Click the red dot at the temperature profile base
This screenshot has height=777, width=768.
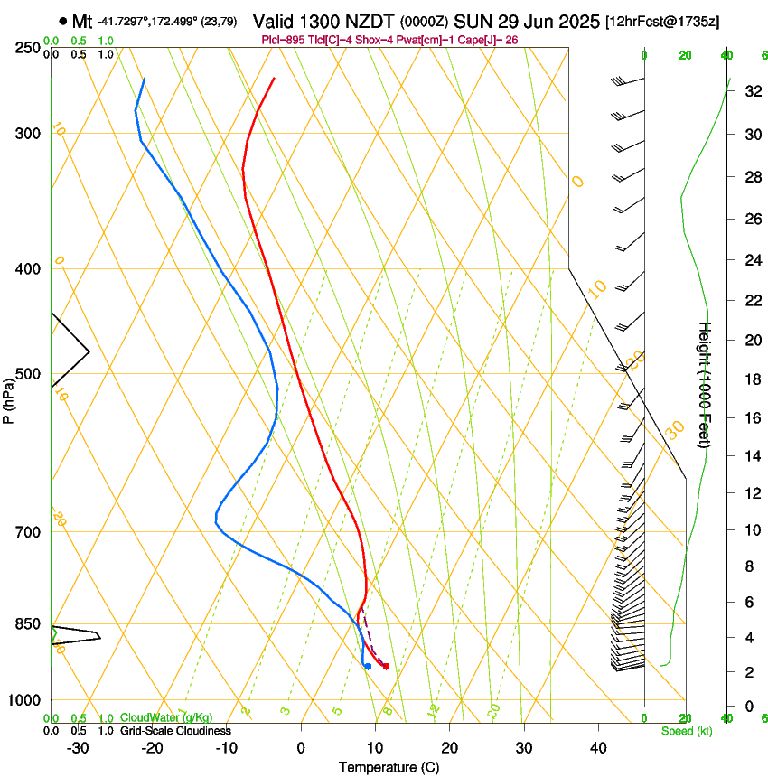(x=386, y=667)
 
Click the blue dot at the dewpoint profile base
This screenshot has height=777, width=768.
(x=368, y=667)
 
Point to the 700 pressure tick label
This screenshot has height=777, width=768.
(x=29, y=532)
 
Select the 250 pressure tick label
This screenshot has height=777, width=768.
(x=29, y=48)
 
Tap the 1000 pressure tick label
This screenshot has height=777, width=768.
(x=25, y=700)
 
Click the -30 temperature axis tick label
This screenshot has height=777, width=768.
(x=78, y=748)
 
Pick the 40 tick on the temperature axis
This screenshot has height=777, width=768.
(x=598, y=748)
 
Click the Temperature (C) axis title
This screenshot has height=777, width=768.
(x=389, y=767)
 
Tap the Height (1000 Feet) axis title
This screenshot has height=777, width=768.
(x=705, y=385)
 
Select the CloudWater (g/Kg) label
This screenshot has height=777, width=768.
(x=166, y=718)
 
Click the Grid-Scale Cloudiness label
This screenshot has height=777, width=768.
(x=175, y=731)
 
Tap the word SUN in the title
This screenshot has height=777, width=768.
(x=471, y=21)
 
